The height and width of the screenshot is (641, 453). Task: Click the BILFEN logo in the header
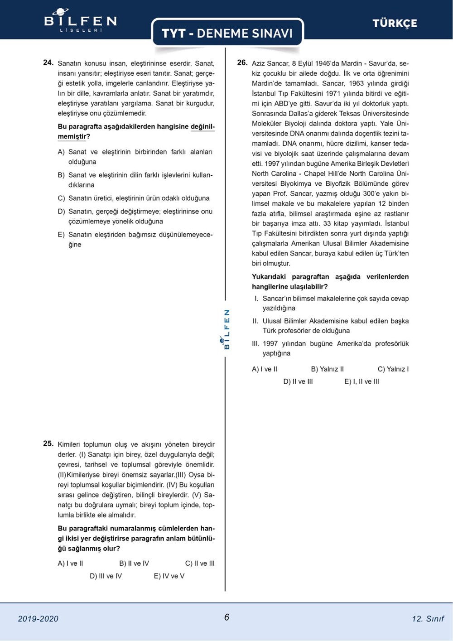pos(80,20)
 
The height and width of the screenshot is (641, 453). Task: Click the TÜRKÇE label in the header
pos(395,23)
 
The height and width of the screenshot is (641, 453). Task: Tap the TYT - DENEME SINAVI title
pos(227,33)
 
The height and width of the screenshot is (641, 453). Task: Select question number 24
pos(48,63)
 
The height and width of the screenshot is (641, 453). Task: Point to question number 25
pos(48,443)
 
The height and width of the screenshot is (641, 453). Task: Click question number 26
pos(242,63)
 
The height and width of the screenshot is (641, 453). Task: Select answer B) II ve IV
pos(134,563)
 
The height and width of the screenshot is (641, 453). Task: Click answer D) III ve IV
pos(106,576)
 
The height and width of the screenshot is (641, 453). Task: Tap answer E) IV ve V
pos(169,576)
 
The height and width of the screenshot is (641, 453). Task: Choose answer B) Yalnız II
pos(327,369)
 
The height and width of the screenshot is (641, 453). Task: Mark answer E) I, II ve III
pos(361,381)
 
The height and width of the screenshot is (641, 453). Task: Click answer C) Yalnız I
pos(393,369)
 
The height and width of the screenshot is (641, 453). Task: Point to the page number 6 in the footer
pos(226,617)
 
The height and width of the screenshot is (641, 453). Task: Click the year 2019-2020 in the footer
pos(38,618)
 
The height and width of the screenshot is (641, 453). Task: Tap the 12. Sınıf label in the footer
pos(428,618)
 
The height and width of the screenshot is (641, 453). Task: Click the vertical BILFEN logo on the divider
pos(226,329)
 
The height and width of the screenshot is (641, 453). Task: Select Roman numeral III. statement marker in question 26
pos(256,343)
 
